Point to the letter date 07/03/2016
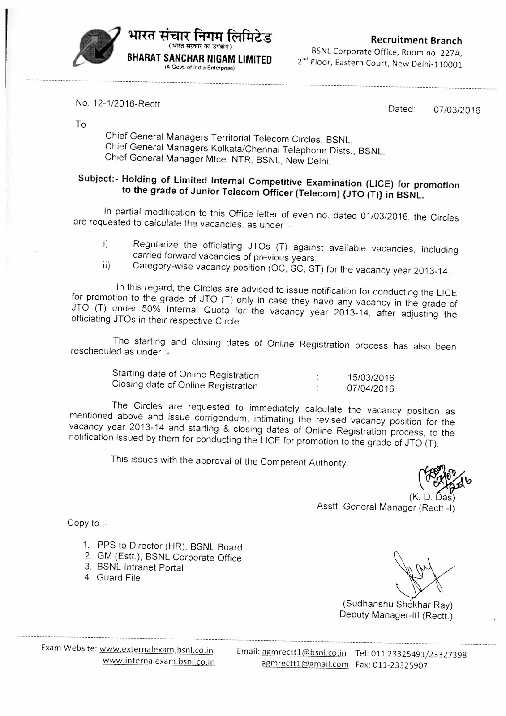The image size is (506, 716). pyautogui.click(x=457, y=110)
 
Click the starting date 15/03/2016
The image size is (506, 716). pyautogui.click(x=371, y=378)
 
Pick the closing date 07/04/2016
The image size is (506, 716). pyautogui.click(x=371, y=389)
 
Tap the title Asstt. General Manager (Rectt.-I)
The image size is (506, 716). pyautogui.click(x=386, y=507)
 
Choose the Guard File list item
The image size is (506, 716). pyautogui.click(x=118, y=578)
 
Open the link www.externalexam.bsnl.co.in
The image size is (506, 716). pyautogui.click(x=156, y=650)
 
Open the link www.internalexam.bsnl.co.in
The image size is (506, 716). pyautogui.click(x=159, y=661)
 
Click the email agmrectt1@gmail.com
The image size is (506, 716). pyautogui.click(x=304, y=665)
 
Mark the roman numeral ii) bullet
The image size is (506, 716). pyautogui.click(x=106, y=266)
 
